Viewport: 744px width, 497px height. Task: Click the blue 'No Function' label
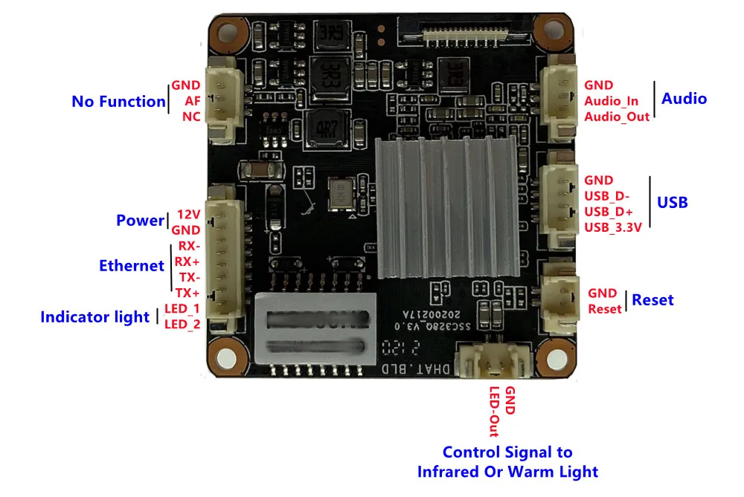pyautogui.click(x=118, y=102)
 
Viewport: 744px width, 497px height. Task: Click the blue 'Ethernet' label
pyautogui.click(x=132, y=265)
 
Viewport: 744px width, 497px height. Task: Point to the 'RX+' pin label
pyautogui.click(x=187, y=262)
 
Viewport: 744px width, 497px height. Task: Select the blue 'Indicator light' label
pyautogui.click(x=95, y=317)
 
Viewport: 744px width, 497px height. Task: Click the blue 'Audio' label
pyautogui.click(x=684, y=99)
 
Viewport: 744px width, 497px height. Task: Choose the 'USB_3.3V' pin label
pyautogui.click(x=613, y=227)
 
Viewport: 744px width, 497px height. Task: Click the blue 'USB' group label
pyautogui.click(x=672, y=202)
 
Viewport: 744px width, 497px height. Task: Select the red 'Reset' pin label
pyautogui.click(x=605, y=309)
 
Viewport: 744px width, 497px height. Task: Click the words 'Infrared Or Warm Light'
pyautogui.click(x=507, y=471)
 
